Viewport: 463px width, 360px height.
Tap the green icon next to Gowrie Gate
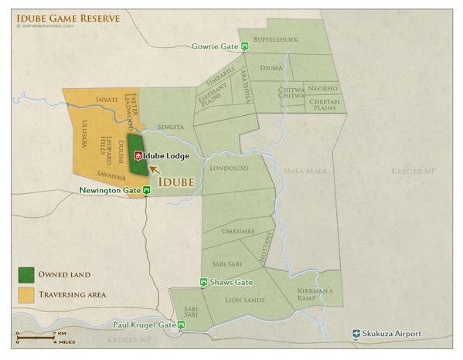click(x=245, y=46)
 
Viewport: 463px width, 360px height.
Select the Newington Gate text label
click(x=110, y=189)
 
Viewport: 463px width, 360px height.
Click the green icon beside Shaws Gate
click(x=203, y=282)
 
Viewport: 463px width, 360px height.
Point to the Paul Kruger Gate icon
click(x=181, y=325)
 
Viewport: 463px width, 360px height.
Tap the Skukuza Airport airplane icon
click(x=356, y=334)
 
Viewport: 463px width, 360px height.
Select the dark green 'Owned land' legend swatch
click(x=26, y=274)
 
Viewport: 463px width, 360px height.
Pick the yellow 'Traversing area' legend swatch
click(x=26, y=294)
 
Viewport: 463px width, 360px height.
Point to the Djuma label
click(x=272, y=67)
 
